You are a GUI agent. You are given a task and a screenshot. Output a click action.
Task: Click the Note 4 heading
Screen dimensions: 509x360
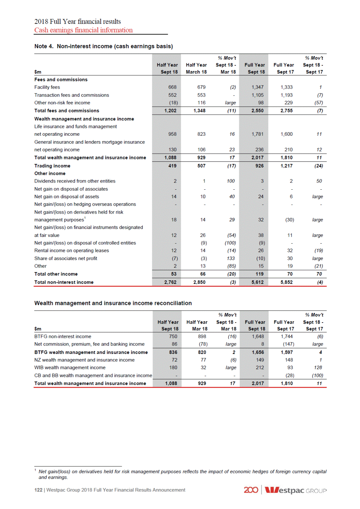104,46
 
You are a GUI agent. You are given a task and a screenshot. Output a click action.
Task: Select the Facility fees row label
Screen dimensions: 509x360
47,87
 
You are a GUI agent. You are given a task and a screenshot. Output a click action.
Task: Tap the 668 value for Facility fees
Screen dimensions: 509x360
172,87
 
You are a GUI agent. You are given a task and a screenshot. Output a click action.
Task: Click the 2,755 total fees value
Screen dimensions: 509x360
286,111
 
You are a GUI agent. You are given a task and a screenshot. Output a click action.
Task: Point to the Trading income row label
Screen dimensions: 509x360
52,166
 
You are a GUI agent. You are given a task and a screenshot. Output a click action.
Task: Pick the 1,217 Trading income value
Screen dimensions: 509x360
286,166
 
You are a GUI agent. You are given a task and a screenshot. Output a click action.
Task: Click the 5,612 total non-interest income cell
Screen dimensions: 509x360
257,282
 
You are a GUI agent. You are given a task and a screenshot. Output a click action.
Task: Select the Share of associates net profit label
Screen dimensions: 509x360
66,258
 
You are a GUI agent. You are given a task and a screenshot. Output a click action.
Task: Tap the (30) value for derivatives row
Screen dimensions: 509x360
290,220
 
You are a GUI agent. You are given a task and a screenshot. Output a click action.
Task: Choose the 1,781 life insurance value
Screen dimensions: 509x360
257,134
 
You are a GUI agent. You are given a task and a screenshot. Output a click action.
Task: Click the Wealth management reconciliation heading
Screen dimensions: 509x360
113,303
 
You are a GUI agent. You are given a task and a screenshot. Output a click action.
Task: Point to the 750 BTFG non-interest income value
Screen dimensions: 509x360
173,336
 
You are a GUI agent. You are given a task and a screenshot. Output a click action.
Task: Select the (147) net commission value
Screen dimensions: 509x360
288,344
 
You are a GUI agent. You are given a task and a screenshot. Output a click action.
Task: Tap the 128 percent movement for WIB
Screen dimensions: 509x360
318,368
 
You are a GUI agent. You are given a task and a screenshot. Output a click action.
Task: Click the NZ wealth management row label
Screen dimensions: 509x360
84,360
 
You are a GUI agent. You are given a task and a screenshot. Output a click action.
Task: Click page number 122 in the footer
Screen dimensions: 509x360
38,490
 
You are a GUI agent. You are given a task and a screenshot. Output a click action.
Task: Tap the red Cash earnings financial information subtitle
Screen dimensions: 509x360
83,30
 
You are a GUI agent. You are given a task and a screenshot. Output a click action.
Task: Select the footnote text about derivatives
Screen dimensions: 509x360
182,474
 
